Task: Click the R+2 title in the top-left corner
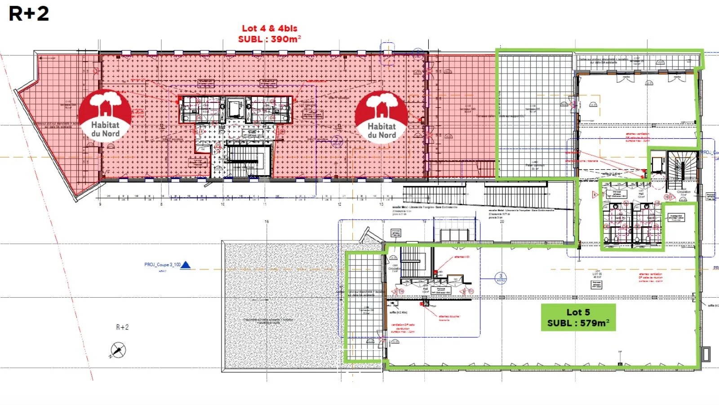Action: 29,13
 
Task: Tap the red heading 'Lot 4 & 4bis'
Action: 270,28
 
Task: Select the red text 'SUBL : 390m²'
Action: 270,39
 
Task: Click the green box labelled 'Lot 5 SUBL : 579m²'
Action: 578,317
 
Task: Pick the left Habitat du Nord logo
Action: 105,115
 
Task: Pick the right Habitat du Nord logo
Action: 382,117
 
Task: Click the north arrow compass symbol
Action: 118,350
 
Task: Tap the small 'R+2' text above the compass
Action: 122,327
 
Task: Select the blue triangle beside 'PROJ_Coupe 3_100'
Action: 185,265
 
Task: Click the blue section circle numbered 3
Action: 501,278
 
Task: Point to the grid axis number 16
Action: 266,221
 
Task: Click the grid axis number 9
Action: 100,204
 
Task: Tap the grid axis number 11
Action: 265,204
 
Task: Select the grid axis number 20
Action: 502,221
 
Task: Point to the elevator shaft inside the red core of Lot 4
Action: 235,109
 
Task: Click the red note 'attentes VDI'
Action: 462,257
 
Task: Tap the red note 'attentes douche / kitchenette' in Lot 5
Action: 449,318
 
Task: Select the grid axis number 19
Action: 424,221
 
